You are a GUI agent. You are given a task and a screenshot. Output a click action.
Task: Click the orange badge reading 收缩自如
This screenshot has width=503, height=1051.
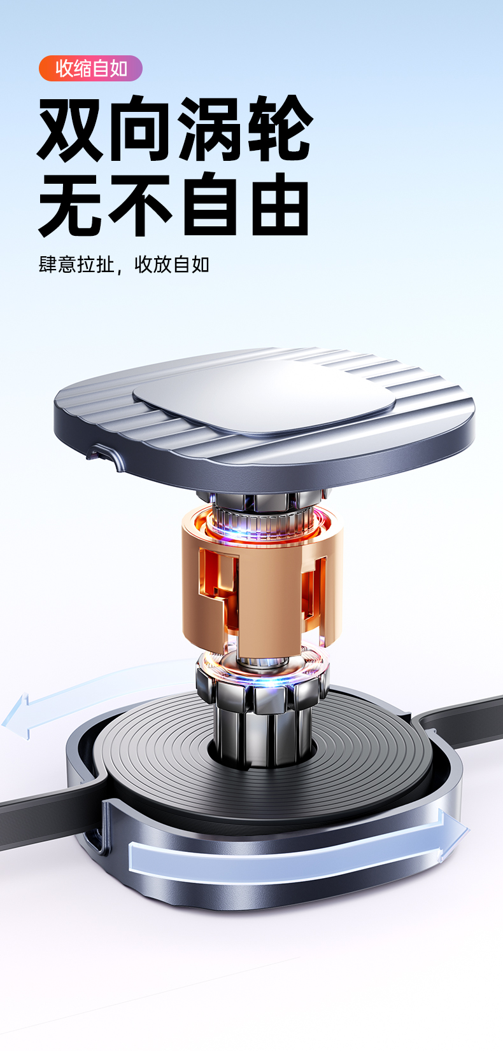coord(90,69)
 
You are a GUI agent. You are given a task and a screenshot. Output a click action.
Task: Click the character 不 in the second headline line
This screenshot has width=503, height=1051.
coord(139,204)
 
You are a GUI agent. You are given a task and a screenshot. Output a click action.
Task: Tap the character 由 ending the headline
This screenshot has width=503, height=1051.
coord(280,204)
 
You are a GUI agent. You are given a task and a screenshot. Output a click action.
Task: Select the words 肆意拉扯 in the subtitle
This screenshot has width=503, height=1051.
coord(76,264)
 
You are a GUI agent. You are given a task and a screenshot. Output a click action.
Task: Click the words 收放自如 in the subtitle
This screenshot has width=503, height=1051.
coord(172,264)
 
